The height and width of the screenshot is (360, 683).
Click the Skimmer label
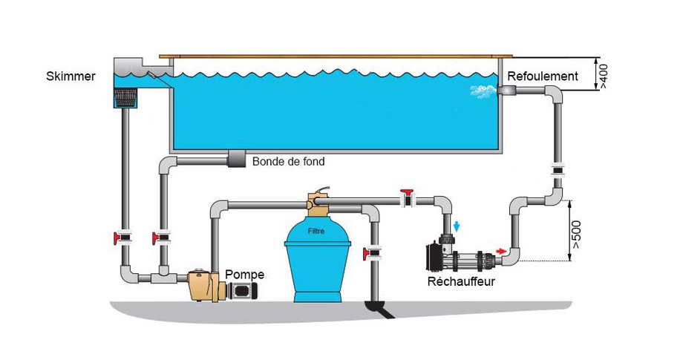point(71,76)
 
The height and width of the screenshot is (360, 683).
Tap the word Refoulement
point(542,76)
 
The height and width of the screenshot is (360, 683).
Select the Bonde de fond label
point(288,161)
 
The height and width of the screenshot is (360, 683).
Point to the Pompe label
point(244,275)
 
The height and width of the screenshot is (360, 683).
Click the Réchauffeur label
point(461,281)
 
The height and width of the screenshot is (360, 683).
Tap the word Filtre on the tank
point(317,232)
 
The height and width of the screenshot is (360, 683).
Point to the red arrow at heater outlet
point(503,251)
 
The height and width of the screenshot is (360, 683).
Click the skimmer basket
point(124,98)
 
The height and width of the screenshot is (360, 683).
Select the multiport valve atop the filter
point(318,201)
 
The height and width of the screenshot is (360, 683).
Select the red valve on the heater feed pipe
point(408,198)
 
